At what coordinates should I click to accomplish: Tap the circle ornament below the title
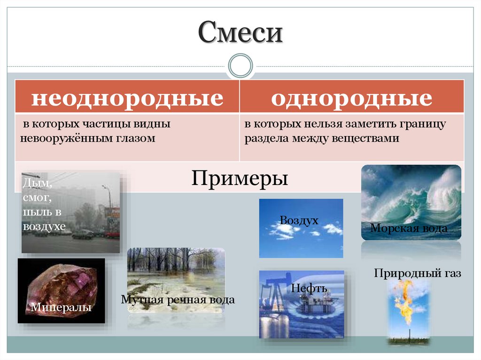tap(240, 66)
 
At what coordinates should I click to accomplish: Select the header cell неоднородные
tap(127, 98)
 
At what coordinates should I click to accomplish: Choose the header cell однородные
tap(351, 98)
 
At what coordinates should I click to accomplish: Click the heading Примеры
tap(240, 178)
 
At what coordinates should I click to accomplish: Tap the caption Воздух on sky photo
tap(299, 220)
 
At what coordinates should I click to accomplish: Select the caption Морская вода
tap(409, 229)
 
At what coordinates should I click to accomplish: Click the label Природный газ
tap(418, 273)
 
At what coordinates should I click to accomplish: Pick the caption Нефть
tap(309, 288)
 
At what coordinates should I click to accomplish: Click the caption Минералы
tap(61, 307)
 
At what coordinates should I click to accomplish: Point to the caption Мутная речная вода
tap(178, 299)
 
